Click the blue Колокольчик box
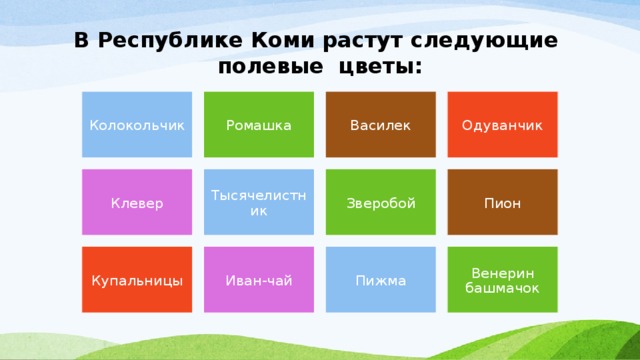click(x=137, y=125)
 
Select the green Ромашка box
click(x=259, y=125)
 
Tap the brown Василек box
click(x=380, y=125)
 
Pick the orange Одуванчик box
click(x=502, y=125)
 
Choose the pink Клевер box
click(x=137, y=203)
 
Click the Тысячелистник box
click(x=259, y=203)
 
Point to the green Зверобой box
click(x=380, y=203)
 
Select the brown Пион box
click(x=502, y=203)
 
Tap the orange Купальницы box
click(x=137, y=280)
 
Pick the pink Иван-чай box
click(x=259, y=280)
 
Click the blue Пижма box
click(x=380, y=280)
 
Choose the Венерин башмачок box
click(x=502, y=280)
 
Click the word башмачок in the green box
click(x=502, y=288)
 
